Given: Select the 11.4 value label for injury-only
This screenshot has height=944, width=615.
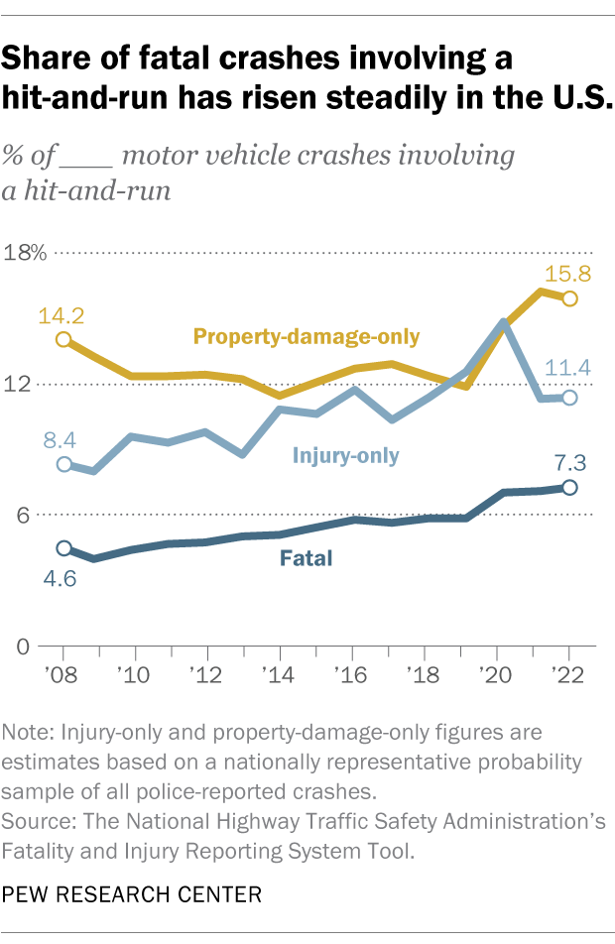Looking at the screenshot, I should [568, 368].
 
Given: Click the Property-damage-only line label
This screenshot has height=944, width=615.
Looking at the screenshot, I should [307, 337].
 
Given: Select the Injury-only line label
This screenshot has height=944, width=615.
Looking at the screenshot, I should [345, 456].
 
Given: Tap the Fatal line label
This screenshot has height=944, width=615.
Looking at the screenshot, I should [307, 559].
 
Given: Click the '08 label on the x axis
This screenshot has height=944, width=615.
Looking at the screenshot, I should [64, 674].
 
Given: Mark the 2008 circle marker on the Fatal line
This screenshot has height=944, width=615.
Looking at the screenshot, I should [64, 548].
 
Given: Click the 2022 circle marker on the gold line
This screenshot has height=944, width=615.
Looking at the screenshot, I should [569, 298].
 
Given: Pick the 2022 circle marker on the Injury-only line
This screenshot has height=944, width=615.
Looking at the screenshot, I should [569, 398].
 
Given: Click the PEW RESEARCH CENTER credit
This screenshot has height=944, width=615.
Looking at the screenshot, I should [132, 894].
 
